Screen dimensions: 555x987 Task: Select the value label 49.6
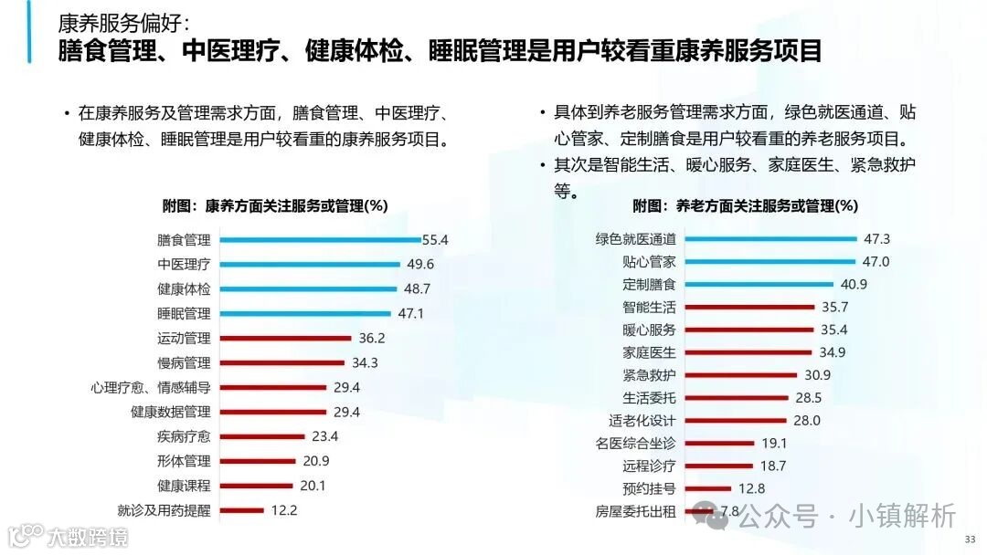419,265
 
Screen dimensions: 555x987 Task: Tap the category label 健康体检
184,289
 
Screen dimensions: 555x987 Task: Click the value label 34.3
365,363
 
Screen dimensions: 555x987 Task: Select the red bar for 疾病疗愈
263,437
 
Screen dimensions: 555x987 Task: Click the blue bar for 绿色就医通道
769,240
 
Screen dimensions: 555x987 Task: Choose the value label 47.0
876,262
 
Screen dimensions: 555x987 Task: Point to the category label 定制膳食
649,285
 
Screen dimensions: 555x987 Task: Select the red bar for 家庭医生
748,352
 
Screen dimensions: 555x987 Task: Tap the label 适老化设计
642,421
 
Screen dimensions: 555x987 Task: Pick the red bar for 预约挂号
707,489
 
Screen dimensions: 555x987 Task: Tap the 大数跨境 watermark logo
68,536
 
